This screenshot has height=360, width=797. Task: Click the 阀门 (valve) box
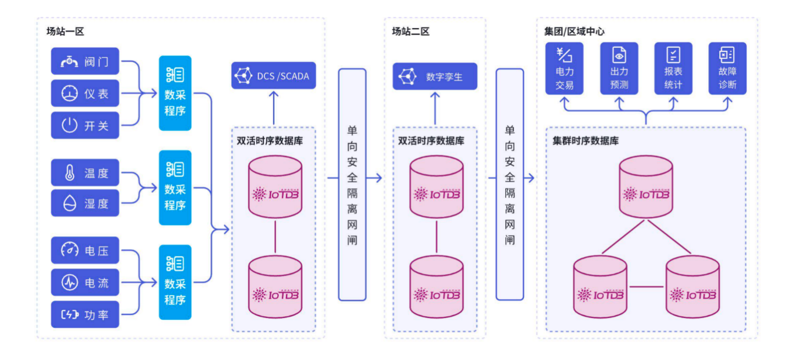point(85,61)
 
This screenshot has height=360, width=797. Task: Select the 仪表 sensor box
point(85,94)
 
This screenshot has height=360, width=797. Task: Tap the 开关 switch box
point(85,125)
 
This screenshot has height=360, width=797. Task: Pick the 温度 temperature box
point(85,173)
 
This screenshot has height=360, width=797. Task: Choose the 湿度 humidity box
point(85,203)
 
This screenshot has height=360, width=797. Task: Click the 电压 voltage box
point(85,251)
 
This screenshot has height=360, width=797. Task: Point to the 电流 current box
point(85,283)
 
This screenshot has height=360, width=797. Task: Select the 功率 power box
point(85,314)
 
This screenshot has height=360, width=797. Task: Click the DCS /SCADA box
point(273,75)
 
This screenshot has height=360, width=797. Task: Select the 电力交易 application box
point(564,68)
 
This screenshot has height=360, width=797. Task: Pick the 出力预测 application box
point(619,68)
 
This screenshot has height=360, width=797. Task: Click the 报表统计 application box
point(673,68)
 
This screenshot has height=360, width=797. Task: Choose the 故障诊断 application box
point(727,68)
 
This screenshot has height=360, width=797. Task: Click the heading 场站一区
point(65,32)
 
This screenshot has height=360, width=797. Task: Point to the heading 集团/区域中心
point(574,32)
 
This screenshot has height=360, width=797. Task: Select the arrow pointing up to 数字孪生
point(434,108)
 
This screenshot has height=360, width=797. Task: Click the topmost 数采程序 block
point(175,93)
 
